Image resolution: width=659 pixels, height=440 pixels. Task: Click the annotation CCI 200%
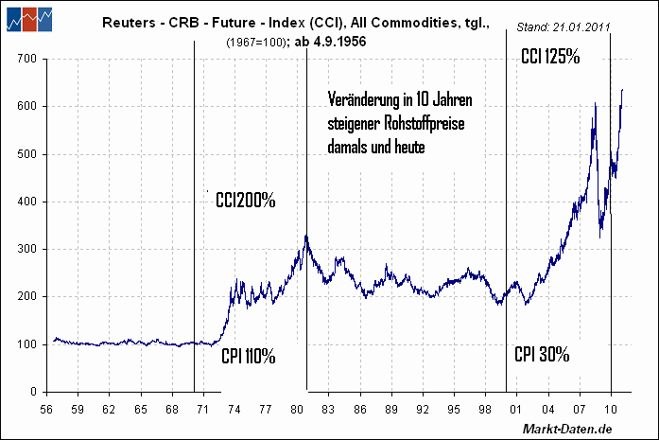[245, 201]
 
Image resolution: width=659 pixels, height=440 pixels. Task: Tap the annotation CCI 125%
[550, 57]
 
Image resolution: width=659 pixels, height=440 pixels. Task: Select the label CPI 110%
[248, 357]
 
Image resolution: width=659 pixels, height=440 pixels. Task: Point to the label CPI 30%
[542, 355]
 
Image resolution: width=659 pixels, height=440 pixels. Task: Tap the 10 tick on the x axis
[611, 409]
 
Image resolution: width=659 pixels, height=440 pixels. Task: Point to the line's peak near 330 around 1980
[306, 236]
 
